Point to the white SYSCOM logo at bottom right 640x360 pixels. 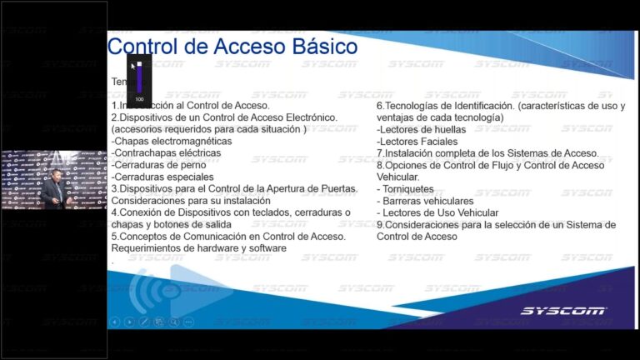click(563, 311)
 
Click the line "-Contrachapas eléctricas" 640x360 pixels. click(160, 153)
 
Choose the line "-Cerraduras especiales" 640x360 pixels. click(162, 177)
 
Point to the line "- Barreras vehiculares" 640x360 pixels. click(425, 201)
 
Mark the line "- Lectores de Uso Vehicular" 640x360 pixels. click(437, 212)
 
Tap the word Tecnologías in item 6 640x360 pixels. click(417, 106)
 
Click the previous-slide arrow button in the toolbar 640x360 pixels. click(115, 322)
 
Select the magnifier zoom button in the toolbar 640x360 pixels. click(173, 322)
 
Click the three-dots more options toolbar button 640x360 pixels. click(188, 322)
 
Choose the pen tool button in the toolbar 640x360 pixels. click(144, 322)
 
